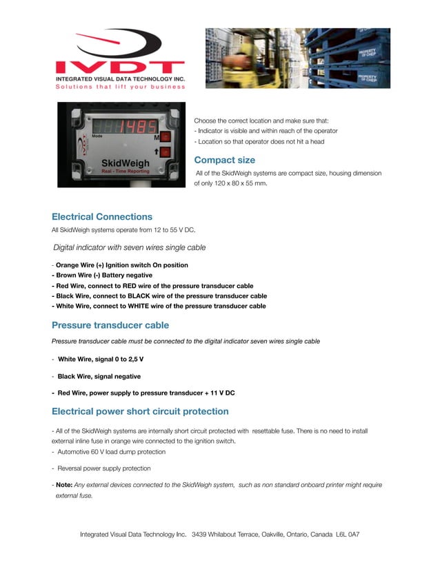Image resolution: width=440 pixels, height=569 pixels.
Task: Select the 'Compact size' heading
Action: click(224, 160)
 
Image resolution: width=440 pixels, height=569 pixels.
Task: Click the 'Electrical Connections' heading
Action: click(102, 216)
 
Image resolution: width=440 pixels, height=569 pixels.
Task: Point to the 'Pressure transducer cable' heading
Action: click(110, 324)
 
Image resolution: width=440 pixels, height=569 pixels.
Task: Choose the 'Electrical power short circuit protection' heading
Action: click(140, 411)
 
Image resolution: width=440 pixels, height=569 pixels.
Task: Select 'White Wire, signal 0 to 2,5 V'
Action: click(101, 360)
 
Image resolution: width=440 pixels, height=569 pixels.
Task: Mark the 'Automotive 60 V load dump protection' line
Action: click(111, 452)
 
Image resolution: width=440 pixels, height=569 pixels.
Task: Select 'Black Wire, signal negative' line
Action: click(99, 377)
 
